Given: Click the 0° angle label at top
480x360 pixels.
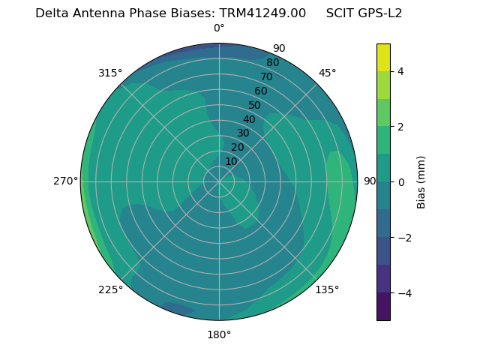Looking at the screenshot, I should [x=219, y=28].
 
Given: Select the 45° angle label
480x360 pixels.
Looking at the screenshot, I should [x=327, y=73].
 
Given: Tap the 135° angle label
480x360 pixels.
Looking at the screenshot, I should [x=327, y=289].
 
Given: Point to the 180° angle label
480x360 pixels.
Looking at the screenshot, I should [x=219, y=334].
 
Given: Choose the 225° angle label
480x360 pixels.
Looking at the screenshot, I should [x=110, y=289].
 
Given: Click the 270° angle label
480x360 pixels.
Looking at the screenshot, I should [x=66, y=181].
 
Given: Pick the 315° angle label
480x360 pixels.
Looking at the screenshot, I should [x=110, y=73].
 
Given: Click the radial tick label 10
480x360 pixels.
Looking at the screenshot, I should [x=231, y=161].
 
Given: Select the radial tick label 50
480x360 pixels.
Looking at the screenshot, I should [x=254, y=106].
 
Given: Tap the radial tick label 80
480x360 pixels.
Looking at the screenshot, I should [x=272, y=63].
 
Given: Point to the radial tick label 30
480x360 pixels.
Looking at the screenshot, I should [x=243, y=133].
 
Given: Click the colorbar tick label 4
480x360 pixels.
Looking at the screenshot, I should [x=400, y=71].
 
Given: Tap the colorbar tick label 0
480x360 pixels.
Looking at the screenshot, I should [x=400, y=182].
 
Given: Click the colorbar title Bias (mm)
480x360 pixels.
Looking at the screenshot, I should [x=421, y=182].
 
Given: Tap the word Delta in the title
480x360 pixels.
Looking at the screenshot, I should [x=52, y=13].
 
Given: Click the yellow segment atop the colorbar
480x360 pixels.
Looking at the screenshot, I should [x=383, y=58].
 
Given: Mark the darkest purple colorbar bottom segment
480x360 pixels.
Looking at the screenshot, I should [x=383, y=307].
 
